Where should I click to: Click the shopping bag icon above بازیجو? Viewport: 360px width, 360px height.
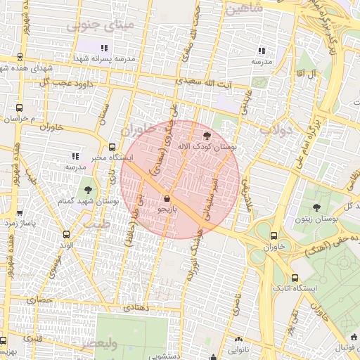pyautogui.click(x=166, y=198)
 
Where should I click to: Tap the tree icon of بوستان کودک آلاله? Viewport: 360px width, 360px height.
pyautogui.click(x=206, y=135)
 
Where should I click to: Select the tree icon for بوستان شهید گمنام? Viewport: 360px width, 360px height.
pyautogui.click(x=87, y=190)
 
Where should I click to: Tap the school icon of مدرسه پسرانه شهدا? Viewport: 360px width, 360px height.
pyautogui.click(x=104, y=49)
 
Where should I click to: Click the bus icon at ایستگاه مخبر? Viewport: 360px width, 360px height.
pyautogui.click(x=74, y=156)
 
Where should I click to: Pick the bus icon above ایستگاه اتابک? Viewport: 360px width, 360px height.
pyautogui.click(x=295, y=278)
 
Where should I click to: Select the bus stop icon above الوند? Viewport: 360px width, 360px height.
pyautogui.click(x=66, y=235)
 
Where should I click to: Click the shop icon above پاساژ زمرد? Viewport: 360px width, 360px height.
pyautogui.click(x=20, y=212)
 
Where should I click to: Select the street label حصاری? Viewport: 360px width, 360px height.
pyautogui.click(x=40, y=300)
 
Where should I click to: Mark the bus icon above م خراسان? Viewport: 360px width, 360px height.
pyautogui.click(x=19, y=108)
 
